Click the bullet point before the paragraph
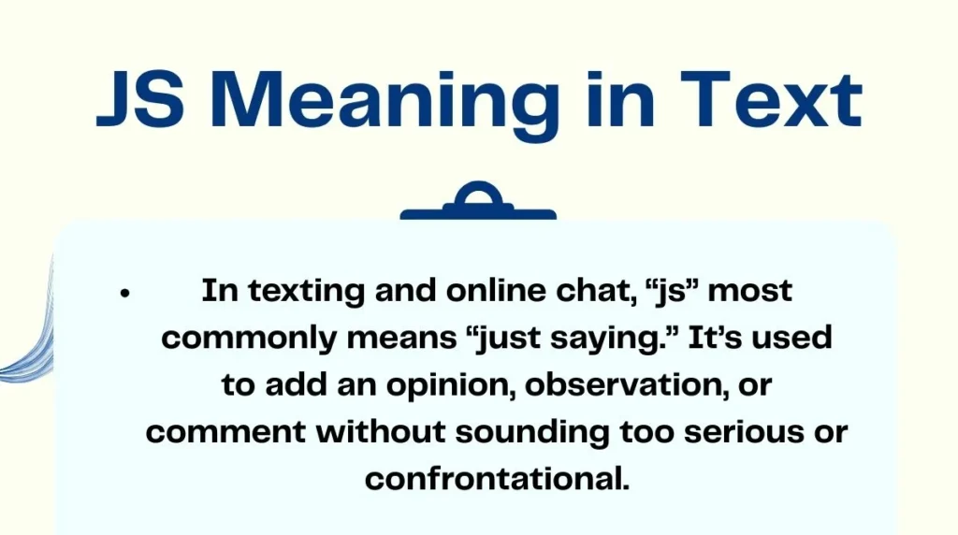[123, 294]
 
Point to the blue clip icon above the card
[478, 204]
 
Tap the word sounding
[538, 433]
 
